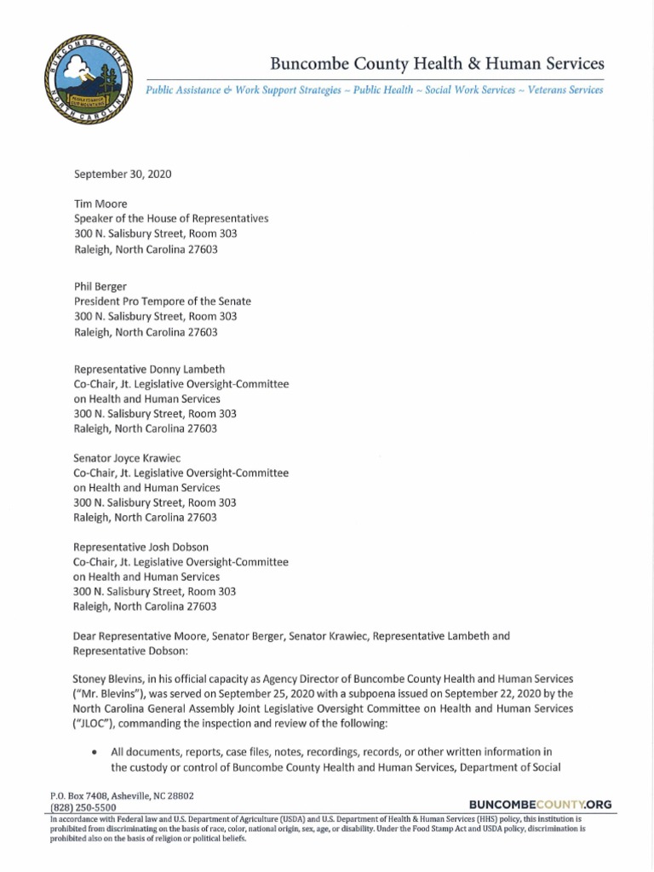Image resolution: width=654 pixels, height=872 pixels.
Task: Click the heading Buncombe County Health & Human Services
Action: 437,63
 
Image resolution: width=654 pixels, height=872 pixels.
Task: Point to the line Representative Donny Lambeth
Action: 152,369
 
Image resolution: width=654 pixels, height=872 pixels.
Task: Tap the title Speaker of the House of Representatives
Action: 171,219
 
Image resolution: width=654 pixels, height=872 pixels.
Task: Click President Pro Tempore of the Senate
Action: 163,301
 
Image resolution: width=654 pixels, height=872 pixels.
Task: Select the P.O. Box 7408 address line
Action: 123,795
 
